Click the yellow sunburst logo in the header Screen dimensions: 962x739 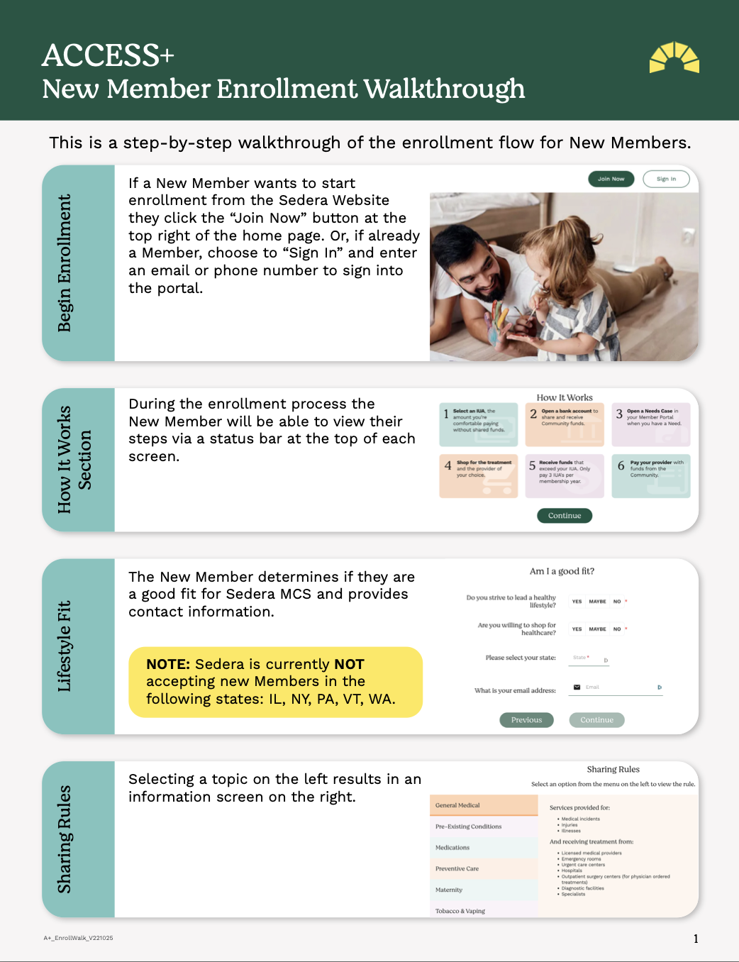click(x=674, y=57)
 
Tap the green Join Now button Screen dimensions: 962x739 click(x=611, y=179)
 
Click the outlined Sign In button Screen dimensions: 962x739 click(x=666, y=179)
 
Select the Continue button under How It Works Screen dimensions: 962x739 click(x=565, y=516)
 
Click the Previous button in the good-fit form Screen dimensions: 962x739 click(x=526, y=720)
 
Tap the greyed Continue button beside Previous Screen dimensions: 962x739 click(x=596, y=720)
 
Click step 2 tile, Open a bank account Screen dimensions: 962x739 click(x=565, y=424)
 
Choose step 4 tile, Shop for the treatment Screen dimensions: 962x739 click(x=479, y=476)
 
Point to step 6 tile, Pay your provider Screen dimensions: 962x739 click(x=651, y=476)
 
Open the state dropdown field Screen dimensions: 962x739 click(x=589, y=658)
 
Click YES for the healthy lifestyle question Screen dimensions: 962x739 click(x=577, y=602)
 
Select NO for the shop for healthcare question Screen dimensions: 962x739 click(x=617, y=629)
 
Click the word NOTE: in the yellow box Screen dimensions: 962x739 click(x=168, y=664)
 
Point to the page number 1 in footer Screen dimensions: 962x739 click(x=696, y=939)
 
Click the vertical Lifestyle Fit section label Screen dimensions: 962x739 click(x=65, y=646)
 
